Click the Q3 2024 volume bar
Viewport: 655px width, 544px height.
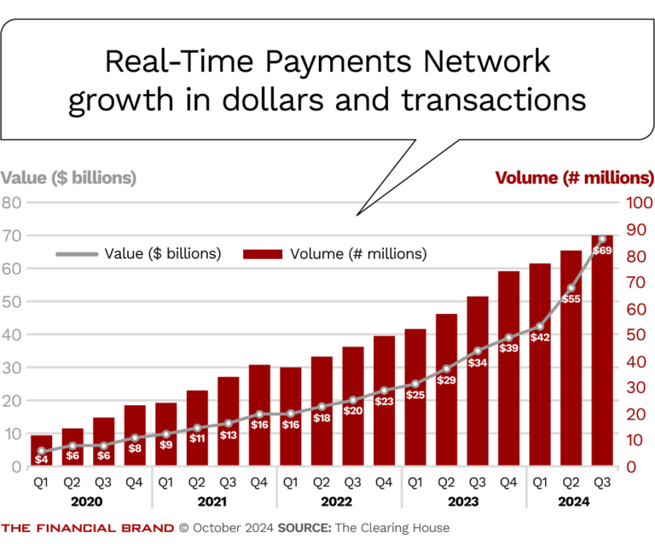click(602, 358)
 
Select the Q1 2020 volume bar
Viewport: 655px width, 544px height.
click(42, 447)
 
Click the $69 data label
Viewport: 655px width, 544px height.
click(602, 250)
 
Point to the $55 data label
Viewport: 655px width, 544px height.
click(571, 299)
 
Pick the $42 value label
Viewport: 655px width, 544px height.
click(539, 337)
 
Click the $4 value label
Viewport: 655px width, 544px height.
click(41, 460)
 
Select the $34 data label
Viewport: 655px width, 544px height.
click(478, 362)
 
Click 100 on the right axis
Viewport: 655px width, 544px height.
click(638, 203)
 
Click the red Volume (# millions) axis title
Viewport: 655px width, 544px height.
click(574, 178)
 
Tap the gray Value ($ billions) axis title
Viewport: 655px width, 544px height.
click(68, 178)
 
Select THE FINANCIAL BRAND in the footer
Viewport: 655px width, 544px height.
click(88, 528)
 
